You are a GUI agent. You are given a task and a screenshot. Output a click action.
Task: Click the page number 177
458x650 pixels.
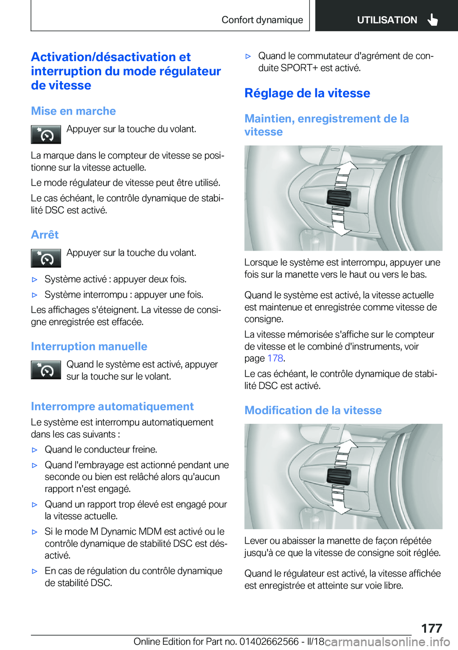point(431,628)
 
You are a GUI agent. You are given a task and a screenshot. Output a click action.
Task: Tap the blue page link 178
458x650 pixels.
point(275,358)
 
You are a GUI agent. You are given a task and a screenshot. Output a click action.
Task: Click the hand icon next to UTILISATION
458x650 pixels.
point(433,20)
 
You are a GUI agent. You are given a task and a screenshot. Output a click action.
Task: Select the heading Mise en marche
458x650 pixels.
point(73,111)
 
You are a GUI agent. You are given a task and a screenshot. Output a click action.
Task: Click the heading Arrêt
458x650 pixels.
point(45,235)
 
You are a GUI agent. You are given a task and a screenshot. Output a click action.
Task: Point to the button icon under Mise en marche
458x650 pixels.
point(46,135)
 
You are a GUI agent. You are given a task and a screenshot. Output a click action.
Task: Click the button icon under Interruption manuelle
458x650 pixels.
point(46,370)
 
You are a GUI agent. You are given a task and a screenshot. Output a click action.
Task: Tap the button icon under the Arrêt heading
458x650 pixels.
point(46,258)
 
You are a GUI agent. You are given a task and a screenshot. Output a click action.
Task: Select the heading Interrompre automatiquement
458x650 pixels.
point(112,407)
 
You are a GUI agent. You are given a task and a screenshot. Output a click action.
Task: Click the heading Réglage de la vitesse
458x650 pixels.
point(307,93)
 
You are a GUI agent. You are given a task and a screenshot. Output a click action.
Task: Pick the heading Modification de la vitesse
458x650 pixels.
point(313,410)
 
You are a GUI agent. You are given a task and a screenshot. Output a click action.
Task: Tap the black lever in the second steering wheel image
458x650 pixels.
point(339,476)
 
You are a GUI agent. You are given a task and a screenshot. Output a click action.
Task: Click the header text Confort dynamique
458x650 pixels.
point(262,20)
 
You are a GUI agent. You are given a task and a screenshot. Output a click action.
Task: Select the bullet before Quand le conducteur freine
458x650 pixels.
point(34,450)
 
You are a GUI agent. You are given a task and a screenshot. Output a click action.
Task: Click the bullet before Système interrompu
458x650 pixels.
point(34,295)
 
